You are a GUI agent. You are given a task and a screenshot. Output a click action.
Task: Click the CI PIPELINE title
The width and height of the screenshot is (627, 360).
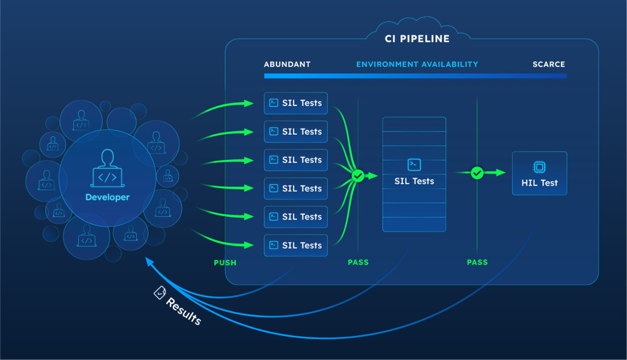tap(417, 39)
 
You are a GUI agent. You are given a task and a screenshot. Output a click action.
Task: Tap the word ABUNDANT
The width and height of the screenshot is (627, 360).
tap(287, 64)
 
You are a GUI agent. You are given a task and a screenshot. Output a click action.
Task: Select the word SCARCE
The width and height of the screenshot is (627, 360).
tap(549, 64)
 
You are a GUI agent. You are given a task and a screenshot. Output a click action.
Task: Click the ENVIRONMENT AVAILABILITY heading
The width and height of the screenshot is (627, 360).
tap(417, 64)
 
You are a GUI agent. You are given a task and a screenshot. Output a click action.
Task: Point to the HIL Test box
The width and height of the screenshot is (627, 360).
tap(539, 174)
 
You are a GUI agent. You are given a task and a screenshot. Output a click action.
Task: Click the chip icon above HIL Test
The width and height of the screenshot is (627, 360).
tap(539, 167)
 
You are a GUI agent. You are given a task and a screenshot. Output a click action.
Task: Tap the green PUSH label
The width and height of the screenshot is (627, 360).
tap(225, 263)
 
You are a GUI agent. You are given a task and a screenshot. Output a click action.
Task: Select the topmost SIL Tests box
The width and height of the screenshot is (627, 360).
tap(295, 103)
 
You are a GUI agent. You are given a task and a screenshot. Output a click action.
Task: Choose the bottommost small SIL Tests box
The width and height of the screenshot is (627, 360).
tap(295, 245)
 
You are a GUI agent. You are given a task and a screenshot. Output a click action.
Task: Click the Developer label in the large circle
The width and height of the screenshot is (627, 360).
tap(108, 198)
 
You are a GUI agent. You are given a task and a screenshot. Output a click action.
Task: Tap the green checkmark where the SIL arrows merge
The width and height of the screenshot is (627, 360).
tap(358, 176)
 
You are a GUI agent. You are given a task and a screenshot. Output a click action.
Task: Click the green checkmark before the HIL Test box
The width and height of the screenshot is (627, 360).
tap(477, 173)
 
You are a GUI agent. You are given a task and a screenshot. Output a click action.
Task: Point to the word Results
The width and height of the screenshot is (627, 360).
tap(184, 311)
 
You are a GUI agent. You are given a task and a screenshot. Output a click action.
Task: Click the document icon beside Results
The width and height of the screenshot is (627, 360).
tap(160, 292)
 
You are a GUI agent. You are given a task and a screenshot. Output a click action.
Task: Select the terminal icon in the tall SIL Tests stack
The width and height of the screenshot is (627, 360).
tap(414, 164)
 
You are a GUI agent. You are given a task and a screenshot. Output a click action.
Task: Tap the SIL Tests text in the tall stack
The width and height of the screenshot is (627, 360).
tap(414, 181)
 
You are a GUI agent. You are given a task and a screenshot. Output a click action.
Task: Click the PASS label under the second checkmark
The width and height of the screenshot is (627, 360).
tap(477, 263)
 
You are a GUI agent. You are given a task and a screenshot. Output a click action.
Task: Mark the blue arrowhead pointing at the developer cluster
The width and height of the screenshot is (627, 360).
tap(148, 261)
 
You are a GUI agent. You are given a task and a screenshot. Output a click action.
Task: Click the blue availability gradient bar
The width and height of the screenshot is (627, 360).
tap(415, 76)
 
